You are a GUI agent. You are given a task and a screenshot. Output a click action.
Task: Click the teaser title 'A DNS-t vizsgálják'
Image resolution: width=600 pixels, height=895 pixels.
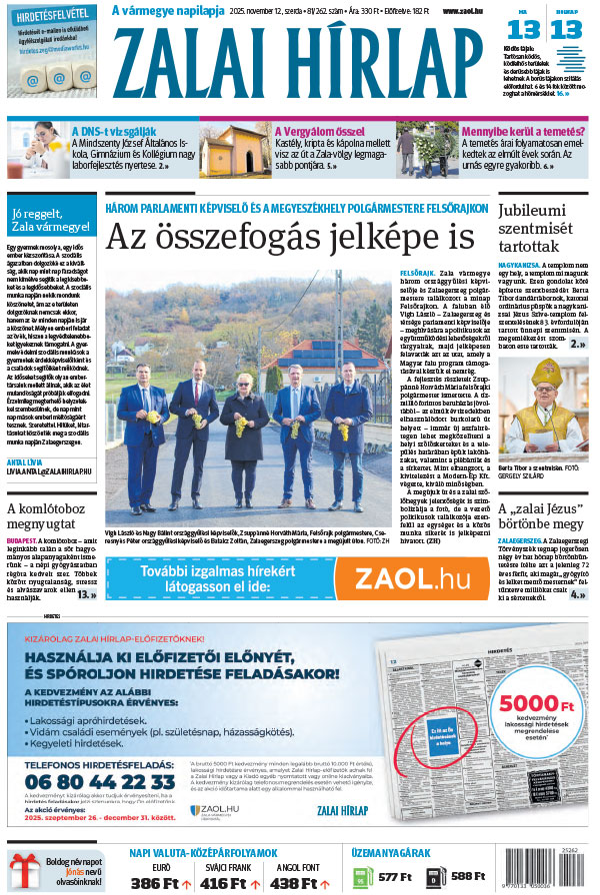point(113,130)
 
